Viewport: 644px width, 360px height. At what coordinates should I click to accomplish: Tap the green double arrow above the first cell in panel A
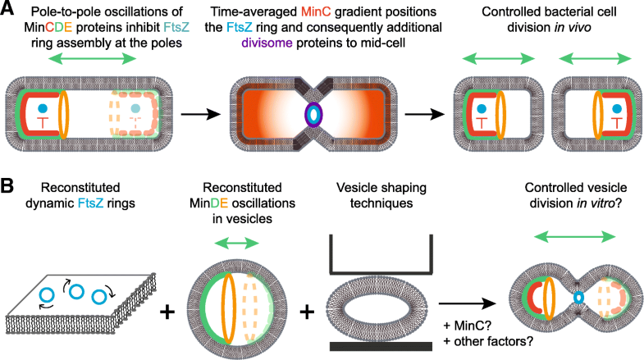(89, 60)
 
